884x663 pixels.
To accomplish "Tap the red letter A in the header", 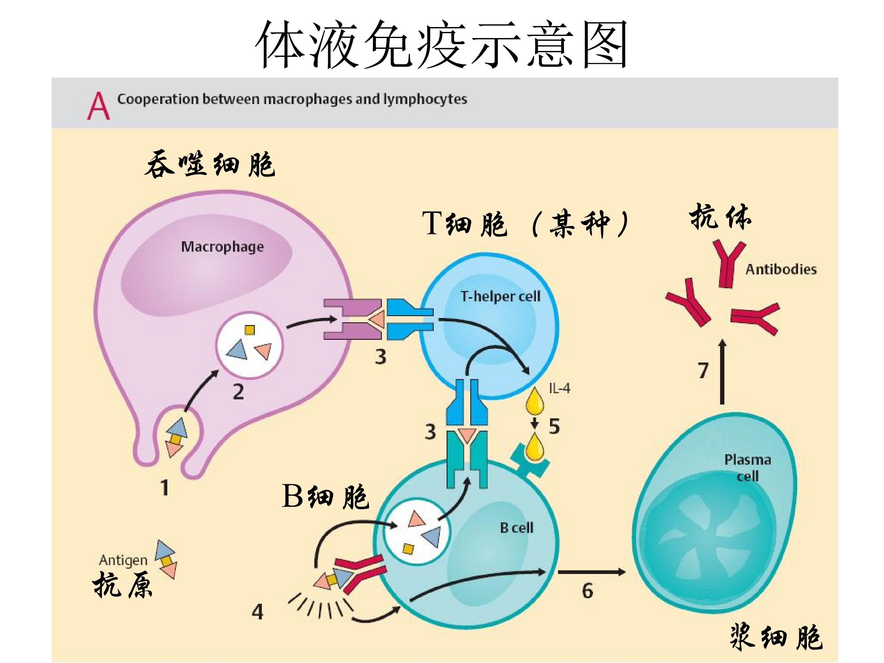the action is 98,106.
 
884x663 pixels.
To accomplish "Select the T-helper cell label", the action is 500,296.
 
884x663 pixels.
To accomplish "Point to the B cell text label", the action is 517,528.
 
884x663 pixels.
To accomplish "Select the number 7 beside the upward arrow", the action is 703,370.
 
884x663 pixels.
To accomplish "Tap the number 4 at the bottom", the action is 257,612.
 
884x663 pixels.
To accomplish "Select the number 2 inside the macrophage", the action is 238,392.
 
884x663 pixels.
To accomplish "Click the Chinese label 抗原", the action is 123,584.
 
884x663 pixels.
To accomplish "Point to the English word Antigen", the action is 123,560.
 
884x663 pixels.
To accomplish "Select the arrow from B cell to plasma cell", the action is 591,572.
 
